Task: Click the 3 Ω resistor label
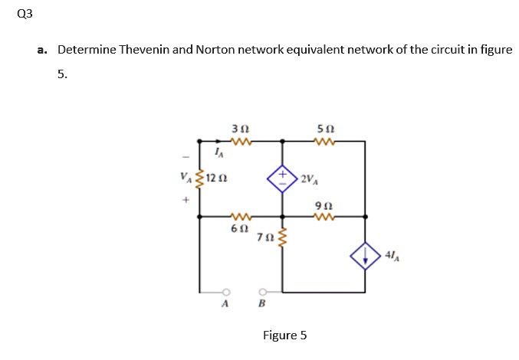(238, 129)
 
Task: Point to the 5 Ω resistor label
(324, 129)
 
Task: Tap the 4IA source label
(391, 256)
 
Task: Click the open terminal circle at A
(225, 292)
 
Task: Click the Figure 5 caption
(284, 335)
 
